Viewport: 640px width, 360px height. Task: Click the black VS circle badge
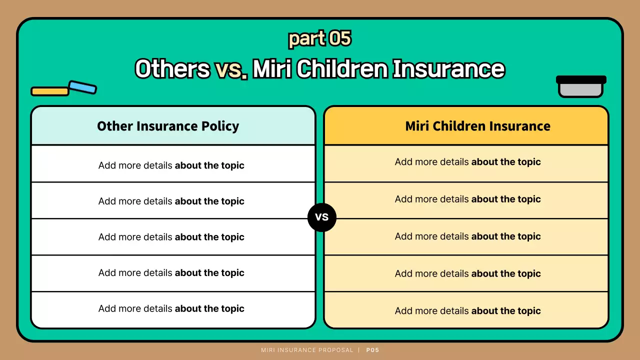(x=322, y=217)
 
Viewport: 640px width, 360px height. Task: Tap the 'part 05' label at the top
(x=320, y=38)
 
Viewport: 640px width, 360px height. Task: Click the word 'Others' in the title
(x=172, y=69)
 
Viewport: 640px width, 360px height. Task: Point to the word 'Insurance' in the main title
(x=448, y=69)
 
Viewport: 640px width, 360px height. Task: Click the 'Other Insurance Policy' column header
(x=168, y=126)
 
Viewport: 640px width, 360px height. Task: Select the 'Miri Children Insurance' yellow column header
(x=477, y=126)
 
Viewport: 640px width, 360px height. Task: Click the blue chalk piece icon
(x=82, y=87)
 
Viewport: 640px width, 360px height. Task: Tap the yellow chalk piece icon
(x=50, y=91)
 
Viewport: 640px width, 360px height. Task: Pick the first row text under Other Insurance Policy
(x=171, y=165)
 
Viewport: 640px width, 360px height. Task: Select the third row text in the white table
(x=171, y=237)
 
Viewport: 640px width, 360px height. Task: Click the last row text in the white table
(x=171, y=308)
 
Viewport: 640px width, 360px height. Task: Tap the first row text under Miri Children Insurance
(x=467, y=162)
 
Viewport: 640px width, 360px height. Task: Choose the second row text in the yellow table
(x=467, y=199)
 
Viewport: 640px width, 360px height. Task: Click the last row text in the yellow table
(x=467, y=310)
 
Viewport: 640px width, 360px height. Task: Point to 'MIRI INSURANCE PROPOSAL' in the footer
(x=307, y=350)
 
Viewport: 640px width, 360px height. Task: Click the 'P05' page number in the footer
(x=372, y=350)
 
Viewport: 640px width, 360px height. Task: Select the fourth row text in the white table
(x=171, y=273)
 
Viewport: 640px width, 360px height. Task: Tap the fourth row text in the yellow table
(x=467, y=273)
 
